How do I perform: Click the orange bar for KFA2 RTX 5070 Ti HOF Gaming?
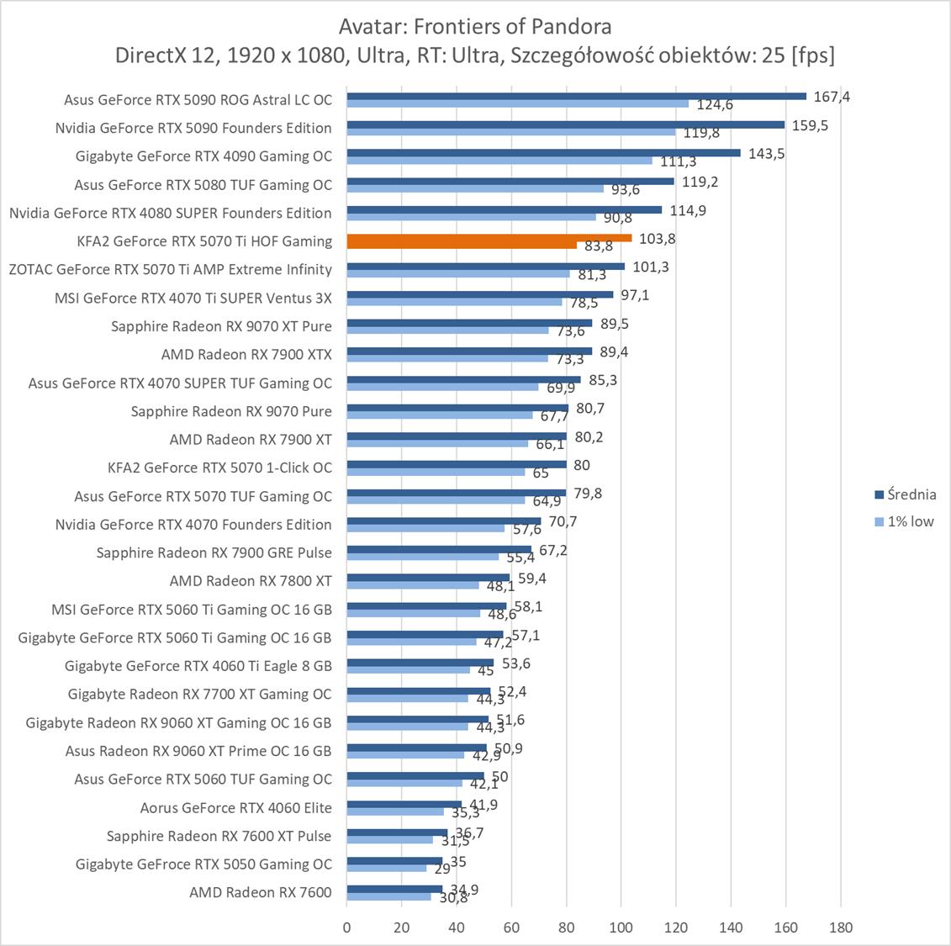pos(488,238)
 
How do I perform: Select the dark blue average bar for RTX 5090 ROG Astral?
pos(576,96)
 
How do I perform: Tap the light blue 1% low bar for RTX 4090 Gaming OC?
pos(499,161)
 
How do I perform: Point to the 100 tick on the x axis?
pos(621,928)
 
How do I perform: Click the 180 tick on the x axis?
pos(840,928)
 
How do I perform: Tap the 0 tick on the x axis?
pos(347,928)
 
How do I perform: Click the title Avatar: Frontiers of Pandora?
pos(475,26)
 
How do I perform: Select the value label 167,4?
pos(832,97)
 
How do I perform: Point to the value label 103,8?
pos(658,239)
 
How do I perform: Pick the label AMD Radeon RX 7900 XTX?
pos(246,354)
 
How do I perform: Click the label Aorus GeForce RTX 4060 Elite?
pos(235,807)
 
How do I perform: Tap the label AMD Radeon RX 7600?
pos(260,892)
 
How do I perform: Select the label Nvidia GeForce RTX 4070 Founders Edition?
pos(193,524)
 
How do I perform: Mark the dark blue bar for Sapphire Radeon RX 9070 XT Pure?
pos(469,323)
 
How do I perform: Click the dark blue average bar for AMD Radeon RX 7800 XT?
pos(428,578)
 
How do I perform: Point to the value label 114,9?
pos(688,210)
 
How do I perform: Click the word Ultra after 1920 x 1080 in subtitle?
pos(378,55)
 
